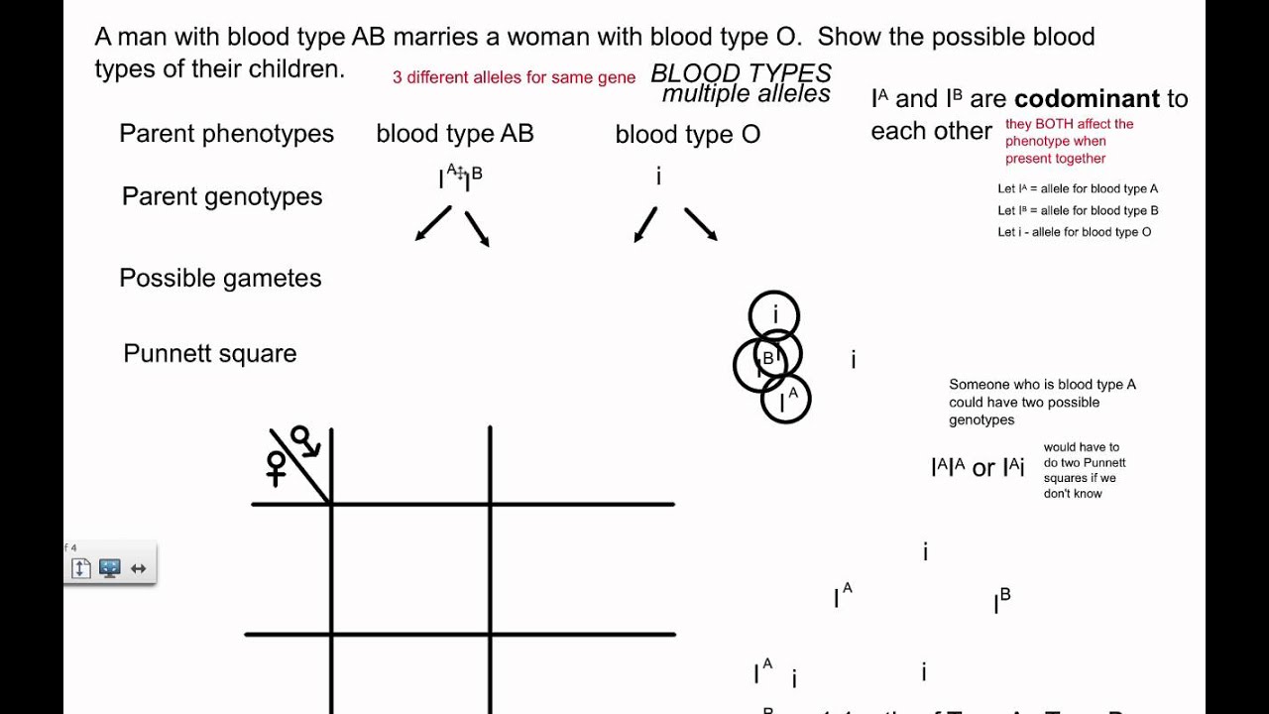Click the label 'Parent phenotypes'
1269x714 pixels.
coord(226,134)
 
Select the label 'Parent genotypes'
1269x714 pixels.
coord(222,196)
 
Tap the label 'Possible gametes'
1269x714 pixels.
coord(220,279)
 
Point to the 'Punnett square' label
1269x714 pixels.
coord(209,354)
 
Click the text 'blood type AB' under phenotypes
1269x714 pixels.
coord(455,134)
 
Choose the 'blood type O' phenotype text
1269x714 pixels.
coord(687,135)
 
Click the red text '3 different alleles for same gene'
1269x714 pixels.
coord(514,77)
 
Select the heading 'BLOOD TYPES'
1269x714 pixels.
coord(741,73)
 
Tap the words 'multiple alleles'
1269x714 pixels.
coord(746,94)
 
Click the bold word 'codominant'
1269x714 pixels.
coord(1087,99)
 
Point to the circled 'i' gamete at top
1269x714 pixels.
coord(774,315)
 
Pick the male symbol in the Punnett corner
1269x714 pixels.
coord(303,440)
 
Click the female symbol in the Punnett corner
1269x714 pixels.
coord(277,467)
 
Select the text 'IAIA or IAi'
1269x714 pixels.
coord(978,467)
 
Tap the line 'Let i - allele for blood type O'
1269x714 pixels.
coord(1074,232)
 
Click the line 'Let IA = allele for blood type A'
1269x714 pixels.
coord(1078,188)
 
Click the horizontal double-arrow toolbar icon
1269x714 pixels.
coord(138,568)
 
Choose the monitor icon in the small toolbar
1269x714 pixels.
coord(110,568)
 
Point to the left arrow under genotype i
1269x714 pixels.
coord(645,225)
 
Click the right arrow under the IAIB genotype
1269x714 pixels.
coord(477,228)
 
